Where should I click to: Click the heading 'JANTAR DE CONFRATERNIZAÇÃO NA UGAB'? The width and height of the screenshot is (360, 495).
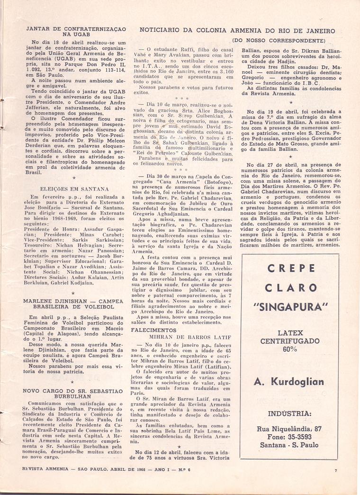point(76,32)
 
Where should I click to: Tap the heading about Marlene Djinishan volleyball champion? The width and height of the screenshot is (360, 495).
point(73,303)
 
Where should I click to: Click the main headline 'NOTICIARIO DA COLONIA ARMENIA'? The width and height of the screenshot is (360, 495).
point(237,31)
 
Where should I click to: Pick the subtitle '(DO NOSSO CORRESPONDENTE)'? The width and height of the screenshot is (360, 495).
point(279,41)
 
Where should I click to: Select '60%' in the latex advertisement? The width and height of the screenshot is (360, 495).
point(290,349)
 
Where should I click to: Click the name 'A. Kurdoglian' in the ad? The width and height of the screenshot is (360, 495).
point(289,382)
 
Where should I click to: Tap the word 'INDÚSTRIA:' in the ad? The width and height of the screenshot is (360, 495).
point(290,413)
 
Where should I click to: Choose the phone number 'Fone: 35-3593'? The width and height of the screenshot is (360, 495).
point(290,437)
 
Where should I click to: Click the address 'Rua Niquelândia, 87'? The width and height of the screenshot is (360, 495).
point(290,429)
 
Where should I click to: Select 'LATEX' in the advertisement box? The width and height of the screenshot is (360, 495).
point(290,333)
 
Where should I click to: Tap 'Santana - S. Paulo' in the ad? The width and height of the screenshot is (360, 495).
point(290,445)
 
